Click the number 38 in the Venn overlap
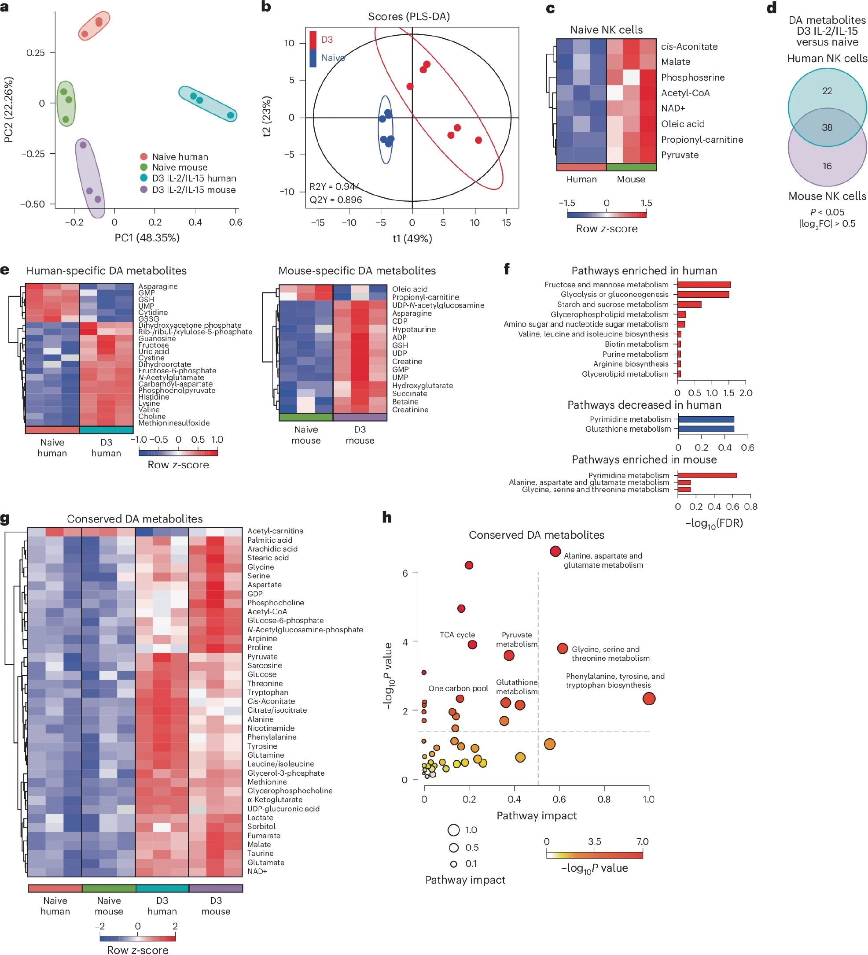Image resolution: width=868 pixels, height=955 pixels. [826, 127]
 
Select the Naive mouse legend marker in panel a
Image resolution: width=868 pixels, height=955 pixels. [144, 167]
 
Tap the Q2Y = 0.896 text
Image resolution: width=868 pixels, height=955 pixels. [335, 200]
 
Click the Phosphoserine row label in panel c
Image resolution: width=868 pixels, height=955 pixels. [692, 77]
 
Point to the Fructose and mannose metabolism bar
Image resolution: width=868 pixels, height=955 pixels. [703, 285]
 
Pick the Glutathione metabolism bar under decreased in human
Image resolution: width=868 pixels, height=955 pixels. [706, 429]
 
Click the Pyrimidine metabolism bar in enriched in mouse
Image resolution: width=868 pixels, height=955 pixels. [706, 475]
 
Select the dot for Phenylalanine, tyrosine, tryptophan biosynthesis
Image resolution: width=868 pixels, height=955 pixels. [648, 698]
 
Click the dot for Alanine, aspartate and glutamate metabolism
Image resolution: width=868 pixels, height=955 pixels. [555, 552]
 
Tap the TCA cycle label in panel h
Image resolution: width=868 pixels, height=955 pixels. [457, 635]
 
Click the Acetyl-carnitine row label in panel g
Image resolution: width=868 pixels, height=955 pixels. [275, 531]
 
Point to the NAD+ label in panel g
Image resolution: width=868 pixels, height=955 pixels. [257, 871]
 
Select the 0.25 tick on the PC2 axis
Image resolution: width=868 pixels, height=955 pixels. [36, 52]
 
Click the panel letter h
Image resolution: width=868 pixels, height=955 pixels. [386, 517]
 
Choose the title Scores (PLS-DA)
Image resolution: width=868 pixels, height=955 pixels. [408, 17]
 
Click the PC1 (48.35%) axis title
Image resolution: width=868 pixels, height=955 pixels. [147, 238]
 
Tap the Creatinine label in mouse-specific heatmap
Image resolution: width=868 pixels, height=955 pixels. [410, 410]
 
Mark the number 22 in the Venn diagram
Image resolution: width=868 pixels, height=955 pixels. [826, 91]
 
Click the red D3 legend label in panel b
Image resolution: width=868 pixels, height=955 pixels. [327, 39]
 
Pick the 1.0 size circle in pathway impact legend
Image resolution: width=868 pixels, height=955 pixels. [453, 830]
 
